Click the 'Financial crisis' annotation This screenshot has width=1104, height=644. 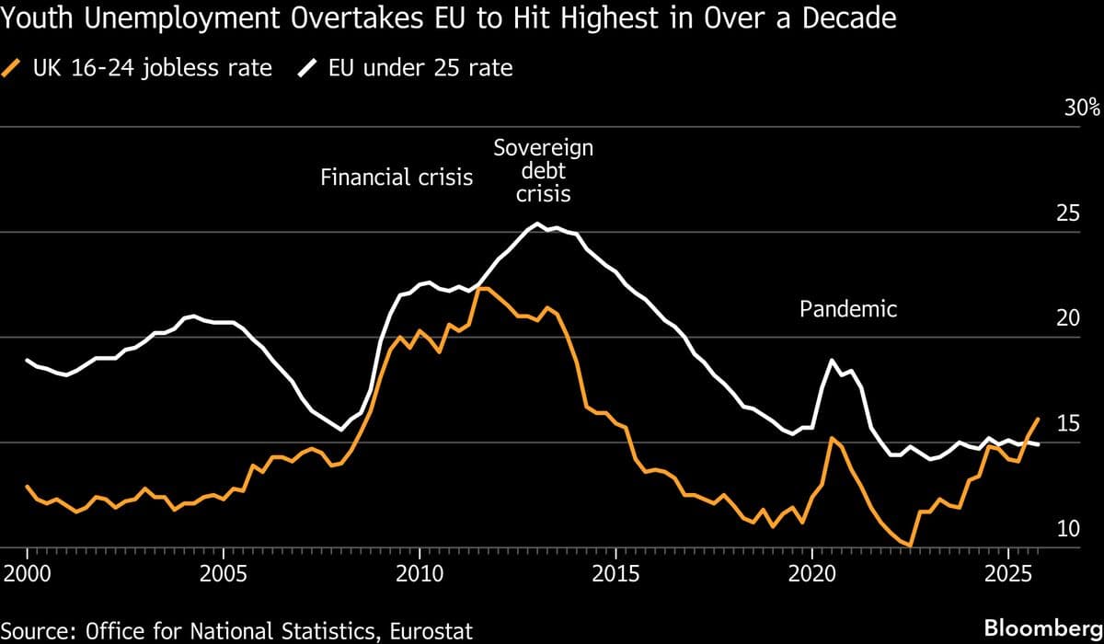tap(397, 178)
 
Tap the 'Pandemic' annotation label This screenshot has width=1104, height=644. tap(847, 309)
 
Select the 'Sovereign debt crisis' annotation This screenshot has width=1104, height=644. tap(543, 171)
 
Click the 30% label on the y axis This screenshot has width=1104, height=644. tap(1081, 108)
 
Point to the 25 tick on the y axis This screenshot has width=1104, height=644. tap(1067, 213)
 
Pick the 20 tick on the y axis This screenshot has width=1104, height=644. tap(1067, 318)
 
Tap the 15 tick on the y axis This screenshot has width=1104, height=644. tap(1067, 424)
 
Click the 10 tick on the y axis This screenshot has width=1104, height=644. tap(1067, 529)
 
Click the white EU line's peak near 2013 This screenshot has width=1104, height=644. tap(536, 224)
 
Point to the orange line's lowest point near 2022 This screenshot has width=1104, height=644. tap(910, 546)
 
